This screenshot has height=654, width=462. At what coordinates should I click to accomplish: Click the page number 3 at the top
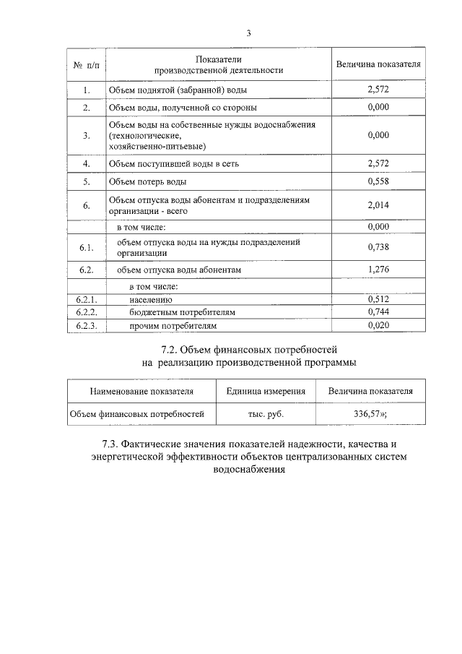point(248,33)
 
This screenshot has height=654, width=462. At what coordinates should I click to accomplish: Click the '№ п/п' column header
point(85,64)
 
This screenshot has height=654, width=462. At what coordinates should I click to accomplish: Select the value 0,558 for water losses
point(378,181)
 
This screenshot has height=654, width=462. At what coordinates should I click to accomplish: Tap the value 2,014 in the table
point(378,205)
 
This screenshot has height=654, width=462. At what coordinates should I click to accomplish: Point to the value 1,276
point(378,270)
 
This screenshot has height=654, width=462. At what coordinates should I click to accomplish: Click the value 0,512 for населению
point(378,298)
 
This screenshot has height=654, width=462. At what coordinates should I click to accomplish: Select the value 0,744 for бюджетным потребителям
point(378,312)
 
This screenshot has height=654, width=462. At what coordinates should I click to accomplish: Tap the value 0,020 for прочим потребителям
point(378,326)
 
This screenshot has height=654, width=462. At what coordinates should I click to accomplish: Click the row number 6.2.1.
point(86,298)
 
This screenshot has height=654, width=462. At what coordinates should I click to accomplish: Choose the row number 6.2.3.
point(86,326)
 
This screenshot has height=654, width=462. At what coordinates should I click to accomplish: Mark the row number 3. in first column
point(86,135)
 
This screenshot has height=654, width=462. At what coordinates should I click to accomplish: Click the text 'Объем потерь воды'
point(147,181)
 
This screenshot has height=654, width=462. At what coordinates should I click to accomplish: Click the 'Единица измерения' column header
point(265,391)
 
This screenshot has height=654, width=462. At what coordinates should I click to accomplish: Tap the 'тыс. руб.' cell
point(265,415)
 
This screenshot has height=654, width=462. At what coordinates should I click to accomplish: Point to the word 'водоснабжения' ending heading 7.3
point(248,469)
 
